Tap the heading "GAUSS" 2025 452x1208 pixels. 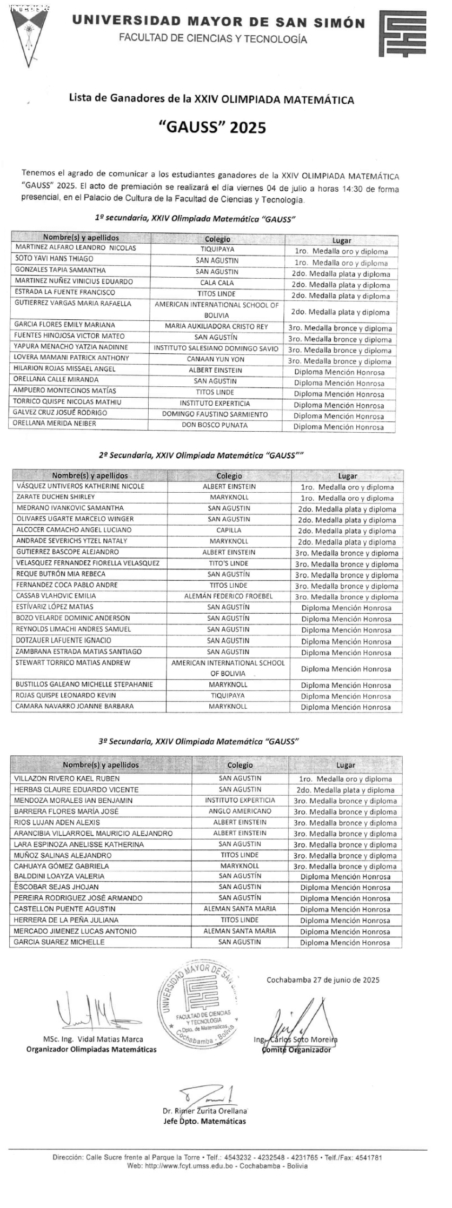pyautogui.click(x=212, y=127)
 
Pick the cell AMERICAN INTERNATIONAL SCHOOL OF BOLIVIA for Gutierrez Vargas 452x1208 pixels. pyautogui.click(x=217, y=310)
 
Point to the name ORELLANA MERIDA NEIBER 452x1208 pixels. pyautogui.click(x=56, y=424)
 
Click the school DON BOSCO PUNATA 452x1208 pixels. pyautogui.click(x=215, y=425)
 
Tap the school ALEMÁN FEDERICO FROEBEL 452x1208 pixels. pyautogui.click(x=229, y=596)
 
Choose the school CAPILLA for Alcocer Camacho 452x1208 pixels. pyautogui.click(x=229, y=530)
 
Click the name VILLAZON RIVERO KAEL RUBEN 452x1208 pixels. pyautogui.click(x=67, y=779)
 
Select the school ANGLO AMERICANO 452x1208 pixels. pyautogui.click(x=240, y=811)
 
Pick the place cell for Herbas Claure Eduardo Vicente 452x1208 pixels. pyautogui.click(x=345, y=790)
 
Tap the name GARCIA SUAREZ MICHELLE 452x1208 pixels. pyautogui.click(x=59, y=942)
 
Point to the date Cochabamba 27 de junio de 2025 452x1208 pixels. pyautogui.click(x=323, y=979)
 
